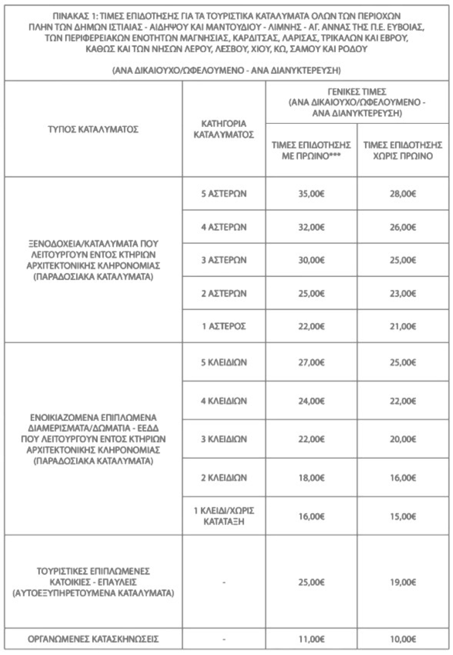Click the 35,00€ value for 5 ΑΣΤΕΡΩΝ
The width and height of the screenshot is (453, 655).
311,193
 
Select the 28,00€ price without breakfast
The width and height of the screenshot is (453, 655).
403,193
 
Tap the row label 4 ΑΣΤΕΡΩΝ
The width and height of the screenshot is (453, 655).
223,227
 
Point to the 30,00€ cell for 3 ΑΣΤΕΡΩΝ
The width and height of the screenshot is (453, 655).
311,260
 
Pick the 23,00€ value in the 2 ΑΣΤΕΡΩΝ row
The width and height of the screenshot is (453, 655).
403,293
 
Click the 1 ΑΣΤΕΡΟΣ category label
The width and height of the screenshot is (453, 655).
223,326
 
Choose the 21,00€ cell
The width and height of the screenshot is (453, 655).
403,326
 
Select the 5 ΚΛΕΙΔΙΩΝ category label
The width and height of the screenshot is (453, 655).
223,362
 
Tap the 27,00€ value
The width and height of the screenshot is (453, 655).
311,362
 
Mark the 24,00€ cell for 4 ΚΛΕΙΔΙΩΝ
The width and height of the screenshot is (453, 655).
311,401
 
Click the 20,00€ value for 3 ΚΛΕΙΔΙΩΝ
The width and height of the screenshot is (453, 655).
403,439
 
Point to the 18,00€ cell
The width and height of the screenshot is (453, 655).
311,477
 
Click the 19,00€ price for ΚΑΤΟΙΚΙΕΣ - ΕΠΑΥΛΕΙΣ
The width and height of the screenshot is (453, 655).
403,583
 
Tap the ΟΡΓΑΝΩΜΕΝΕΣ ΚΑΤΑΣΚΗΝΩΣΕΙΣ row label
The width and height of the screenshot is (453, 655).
93,639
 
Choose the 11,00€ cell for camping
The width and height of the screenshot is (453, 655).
311,639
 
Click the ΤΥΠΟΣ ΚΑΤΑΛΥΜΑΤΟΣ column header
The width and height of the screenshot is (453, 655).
93,129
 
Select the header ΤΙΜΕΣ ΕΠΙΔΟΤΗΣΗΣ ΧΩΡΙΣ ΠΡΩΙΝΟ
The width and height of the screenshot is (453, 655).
403,150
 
